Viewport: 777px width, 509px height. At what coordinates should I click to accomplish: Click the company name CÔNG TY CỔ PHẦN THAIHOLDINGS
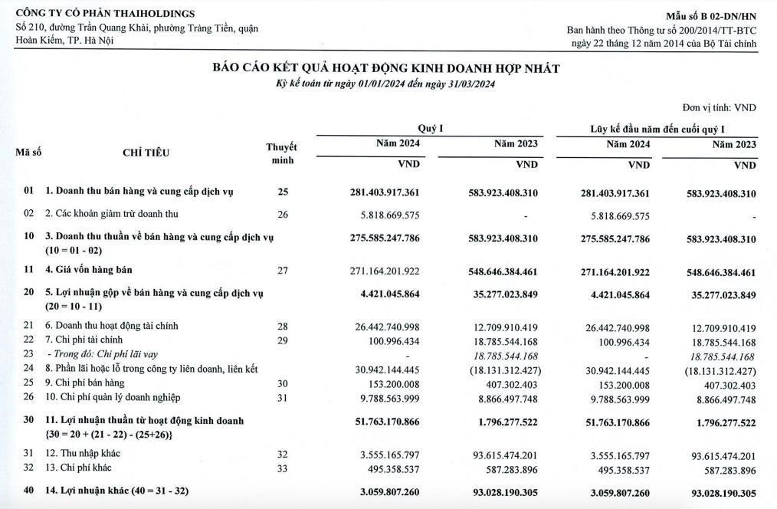(105, 14)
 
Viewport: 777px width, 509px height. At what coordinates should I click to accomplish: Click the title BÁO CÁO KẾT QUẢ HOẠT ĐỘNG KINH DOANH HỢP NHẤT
(386, 69)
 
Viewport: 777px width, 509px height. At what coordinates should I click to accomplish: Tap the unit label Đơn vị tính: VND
(719, 108)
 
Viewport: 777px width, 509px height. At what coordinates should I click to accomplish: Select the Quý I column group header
(430, 129)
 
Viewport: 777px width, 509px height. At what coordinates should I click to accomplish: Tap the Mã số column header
(28, 153)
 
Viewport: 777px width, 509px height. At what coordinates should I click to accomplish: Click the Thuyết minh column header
(282, 153)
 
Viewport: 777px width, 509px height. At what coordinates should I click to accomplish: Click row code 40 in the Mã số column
(28, 489)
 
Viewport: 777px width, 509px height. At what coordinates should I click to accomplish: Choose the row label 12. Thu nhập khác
(82, 454)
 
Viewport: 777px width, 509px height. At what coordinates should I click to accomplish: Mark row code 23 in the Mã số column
(28, 354)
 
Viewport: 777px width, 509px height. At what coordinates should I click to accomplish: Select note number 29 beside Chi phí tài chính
(283, 340)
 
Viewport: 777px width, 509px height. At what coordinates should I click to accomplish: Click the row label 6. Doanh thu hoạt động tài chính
(111, 326)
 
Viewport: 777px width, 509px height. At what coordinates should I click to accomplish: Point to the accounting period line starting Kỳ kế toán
(386, 84)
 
